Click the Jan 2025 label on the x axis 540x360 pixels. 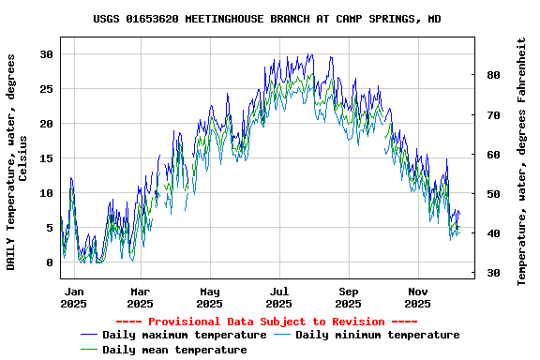[73, 297]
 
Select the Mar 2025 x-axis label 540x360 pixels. [140, 297]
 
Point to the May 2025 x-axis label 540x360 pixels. [209, 297]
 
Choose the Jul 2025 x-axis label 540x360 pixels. [278, 297]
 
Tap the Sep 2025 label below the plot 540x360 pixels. [348, 297]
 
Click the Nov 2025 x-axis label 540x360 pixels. [417, 297]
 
